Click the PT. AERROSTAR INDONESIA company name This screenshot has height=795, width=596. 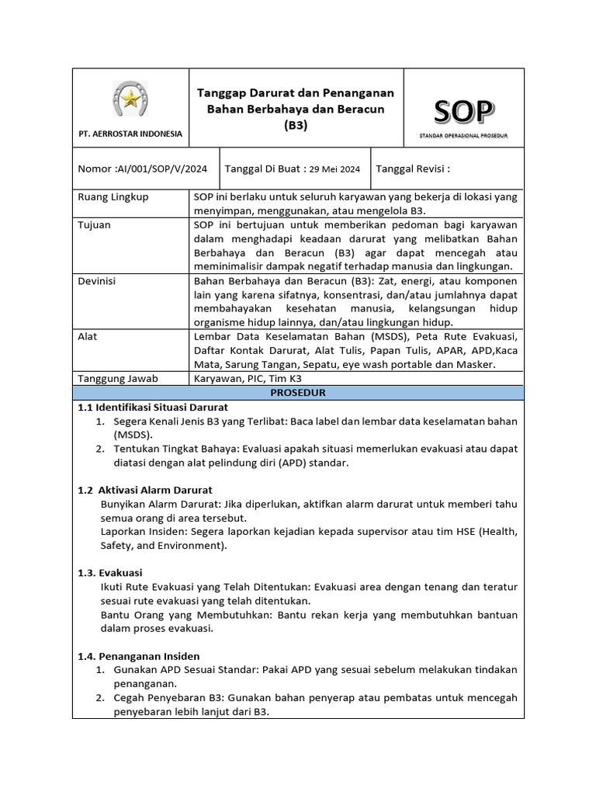(130, 134)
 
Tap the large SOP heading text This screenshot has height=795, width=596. (463, 112)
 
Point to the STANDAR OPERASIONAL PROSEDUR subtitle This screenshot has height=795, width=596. (463, 135)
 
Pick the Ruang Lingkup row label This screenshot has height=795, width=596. (113, 197)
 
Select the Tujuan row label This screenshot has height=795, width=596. (95, 225)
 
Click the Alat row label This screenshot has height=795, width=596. (88, 337)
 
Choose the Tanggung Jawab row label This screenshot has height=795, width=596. (118, 378)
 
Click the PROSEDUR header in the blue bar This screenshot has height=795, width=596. (297, 393)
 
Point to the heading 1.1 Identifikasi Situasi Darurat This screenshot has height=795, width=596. (153, 407)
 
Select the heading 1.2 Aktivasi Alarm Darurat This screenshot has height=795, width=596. (145, 490)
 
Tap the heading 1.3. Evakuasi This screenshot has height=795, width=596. (105, 572)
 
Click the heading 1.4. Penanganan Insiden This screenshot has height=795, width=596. (139, 655)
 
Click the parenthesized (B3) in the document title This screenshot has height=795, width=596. (295, 124)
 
